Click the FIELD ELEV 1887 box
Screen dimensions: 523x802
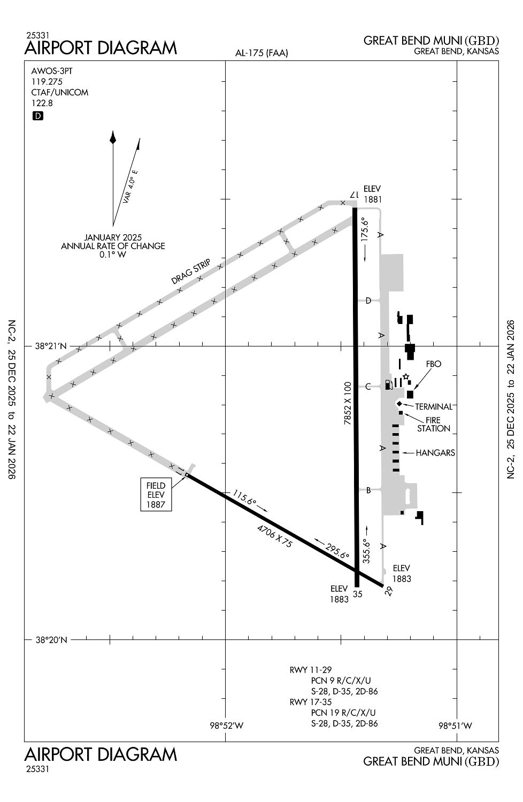(156, 495)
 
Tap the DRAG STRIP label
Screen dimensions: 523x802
(190, 272)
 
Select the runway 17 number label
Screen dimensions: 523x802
(353, 195)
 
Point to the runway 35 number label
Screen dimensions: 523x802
(358, 594)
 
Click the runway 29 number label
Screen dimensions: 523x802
(389, 591)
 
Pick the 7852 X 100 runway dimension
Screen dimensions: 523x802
(348, 403)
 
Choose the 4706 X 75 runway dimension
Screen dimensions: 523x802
(275, 536)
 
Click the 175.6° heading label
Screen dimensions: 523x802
(365, 229)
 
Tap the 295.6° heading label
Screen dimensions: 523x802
(337, 551)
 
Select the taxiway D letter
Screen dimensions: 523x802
(368, 300)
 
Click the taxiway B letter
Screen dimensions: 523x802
(368, 490)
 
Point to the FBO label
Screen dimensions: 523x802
(434, 364)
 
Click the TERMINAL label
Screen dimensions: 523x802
(434, 407)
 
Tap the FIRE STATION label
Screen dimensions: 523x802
(434, 425)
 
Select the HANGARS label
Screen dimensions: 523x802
(435, 453)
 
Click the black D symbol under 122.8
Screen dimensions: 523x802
(37, 115)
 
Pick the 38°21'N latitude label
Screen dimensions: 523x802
(51, 346)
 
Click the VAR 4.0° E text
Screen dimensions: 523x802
(130, 187)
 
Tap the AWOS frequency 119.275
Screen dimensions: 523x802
(47, 82)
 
